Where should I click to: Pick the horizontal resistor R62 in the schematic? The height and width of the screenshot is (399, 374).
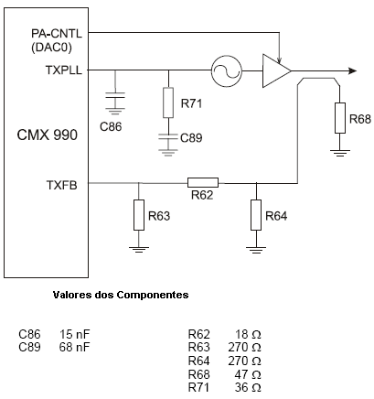(203, 182)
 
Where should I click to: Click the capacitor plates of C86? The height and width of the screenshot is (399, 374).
(115, 95)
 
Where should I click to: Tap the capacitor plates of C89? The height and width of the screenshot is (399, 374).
(168, 136)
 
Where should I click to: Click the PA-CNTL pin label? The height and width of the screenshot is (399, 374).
(57, 33)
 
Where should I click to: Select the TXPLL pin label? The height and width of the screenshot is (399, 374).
(64, 70)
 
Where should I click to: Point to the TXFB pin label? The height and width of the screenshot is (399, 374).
(62, 185)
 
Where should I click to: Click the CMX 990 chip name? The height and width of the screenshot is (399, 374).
(48, 135)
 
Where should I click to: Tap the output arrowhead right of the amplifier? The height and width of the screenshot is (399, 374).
(352, 71)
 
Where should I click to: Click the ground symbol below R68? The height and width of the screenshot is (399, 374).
(340, 153)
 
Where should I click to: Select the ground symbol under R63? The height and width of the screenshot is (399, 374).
(139, 251)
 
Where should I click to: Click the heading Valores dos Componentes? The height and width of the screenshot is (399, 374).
(121, 295)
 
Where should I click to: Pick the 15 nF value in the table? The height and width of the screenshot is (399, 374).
(75, 334)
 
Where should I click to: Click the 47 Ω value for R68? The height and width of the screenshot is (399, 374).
(248, 374)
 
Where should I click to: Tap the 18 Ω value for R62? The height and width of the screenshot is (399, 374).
(248, 334)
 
